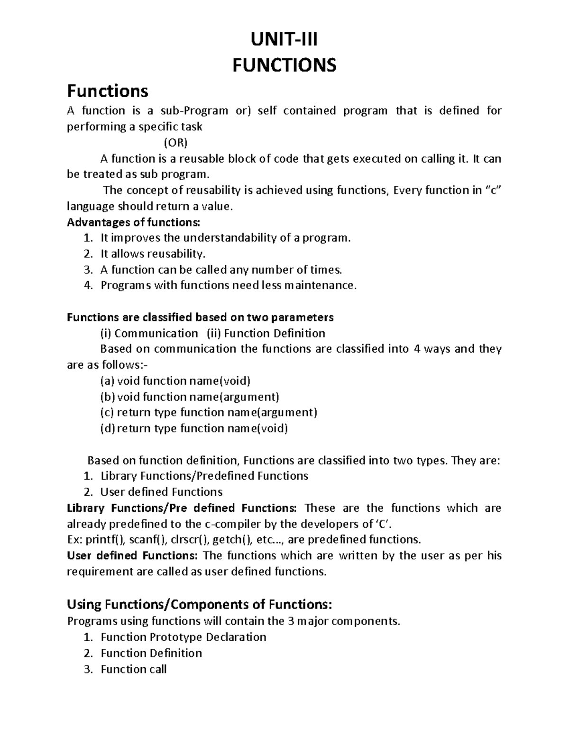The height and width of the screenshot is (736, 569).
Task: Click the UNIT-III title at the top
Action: [x=284, y=39]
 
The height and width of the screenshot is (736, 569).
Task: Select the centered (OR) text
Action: [x=175, y=143]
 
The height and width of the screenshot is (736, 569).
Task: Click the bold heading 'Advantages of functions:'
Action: [x=134, y=222]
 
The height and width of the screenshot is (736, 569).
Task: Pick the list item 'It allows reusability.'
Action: [x=153, y=254]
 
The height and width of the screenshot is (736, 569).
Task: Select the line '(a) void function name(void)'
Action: [x=175, y=381]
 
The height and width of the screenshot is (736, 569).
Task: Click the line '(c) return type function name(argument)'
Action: [x=208, y=412]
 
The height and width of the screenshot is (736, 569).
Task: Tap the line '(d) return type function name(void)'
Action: [x=194, y=428]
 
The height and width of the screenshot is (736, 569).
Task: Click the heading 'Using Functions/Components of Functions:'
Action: [x=200, y=604]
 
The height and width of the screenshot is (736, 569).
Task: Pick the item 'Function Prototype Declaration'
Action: [x=184, y=637]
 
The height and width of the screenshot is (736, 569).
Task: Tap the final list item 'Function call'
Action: [x=134, y=669]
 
